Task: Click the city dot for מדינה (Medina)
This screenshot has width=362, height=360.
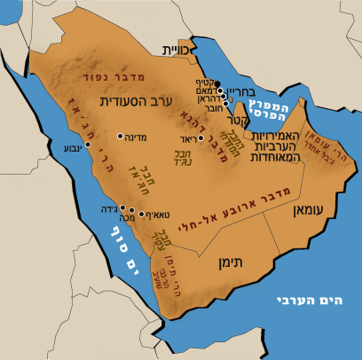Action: (x=121, y=137)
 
